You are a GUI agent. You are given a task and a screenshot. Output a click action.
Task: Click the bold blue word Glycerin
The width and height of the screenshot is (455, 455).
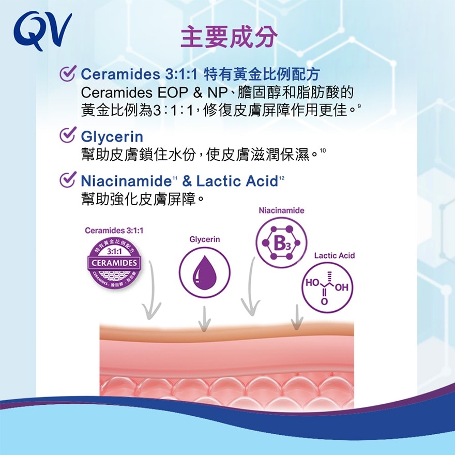112,138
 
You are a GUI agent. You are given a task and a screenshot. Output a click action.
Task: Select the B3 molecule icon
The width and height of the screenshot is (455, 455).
281,242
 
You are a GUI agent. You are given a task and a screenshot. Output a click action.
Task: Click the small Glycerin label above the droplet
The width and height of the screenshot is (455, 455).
205,240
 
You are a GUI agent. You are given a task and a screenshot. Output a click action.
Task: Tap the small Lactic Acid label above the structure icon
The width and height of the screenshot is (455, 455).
335,255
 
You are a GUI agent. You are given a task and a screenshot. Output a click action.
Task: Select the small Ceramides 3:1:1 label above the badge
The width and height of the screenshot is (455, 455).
114,230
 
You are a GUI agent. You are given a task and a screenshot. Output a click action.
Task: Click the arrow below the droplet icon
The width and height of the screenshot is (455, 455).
205,317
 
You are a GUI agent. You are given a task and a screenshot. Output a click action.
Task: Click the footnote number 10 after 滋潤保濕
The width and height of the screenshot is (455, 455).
323,150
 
